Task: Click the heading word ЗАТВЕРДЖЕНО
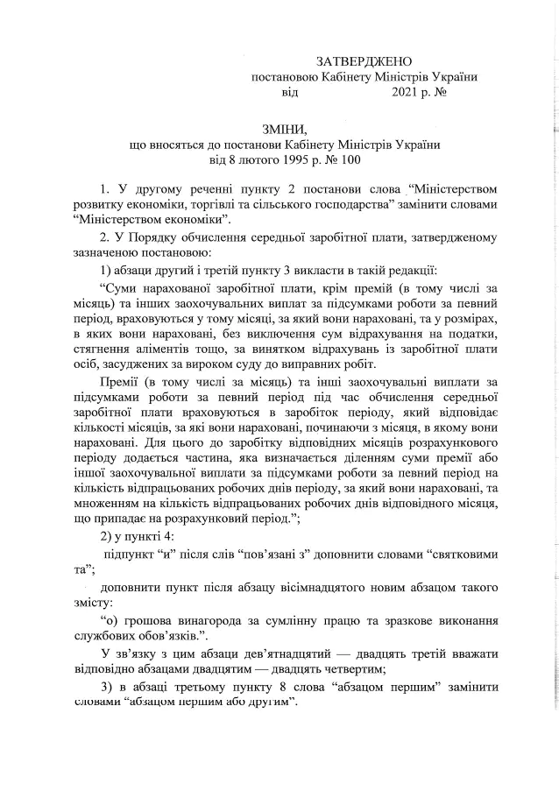tap(363, 60)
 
